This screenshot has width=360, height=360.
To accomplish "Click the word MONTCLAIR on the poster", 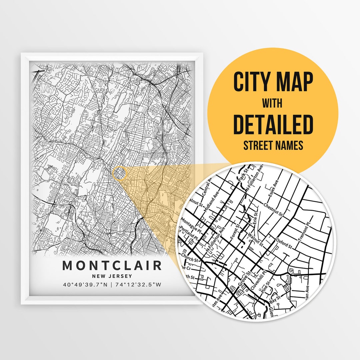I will coord(112,266).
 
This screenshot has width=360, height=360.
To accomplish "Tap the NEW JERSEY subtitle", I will coord(112,276).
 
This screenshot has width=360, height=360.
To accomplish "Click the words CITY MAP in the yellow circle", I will coord(273,82).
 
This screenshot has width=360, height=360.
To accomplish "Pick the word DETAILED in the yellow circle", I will coord(273,124).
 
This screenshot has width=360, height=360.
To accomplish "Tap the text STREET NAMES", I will coord(273,146).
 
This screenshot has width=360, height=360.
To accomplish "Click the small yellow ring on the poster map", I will coord(120,173).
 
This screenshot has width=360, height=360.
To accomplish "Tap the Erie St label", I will coord(255,217).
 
